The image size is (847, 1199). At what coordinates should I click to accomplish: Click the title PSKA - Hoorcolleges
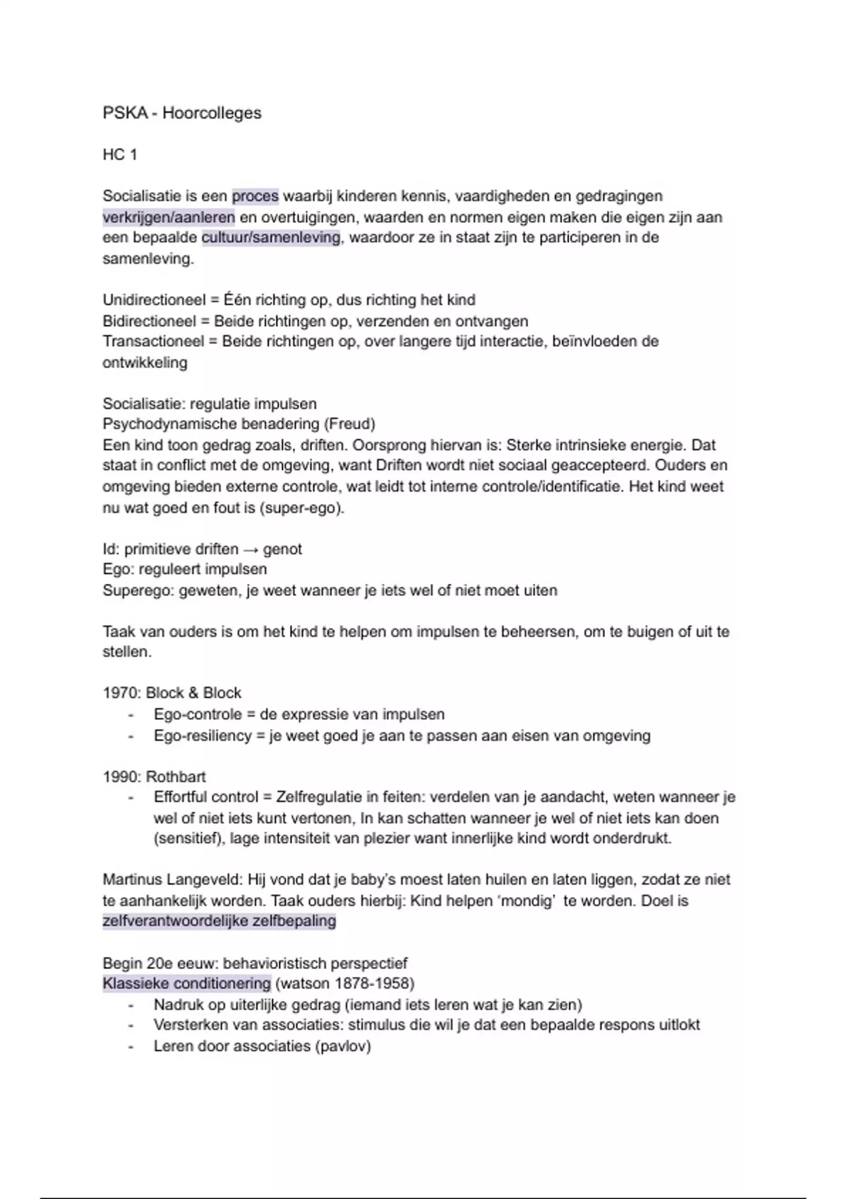coord(181,113)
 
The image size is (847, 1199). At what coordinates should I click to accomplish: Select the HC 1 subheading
coord(120,154)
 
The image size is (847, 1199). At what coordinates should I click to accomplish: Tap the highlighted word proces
coord(255,196)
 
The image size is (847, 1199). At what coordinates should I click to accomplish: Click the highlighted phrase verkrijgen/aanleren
coord(169,217)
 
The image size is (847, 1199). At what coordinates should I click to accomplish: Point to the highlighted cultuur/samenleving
coord(271,238)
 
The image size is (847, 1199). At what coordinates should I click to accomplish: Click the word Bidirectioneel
coord(149,322)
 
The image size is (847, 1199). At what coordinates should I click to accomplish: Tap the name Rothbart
coord(176,777)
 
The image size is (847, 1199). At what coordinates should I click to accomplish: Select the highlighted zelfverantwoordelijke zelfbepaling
coord(219,921)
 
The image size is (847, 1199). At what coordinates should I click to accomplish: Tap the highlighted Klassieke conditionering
coord(186,984)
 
